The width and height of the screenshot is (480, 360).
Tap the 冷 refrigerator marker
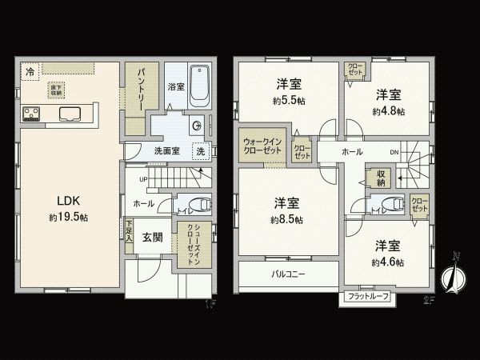30,71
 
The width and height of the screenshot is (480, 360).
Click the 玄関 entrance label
153,238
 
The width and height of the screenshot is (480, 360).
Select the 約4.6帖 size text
387,262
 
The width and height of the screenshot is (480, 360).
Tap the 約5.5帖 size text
288,101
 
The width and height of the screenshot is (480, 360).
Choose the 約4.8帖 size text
388,112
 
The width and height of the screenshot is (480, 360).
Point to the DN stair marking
394,152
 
